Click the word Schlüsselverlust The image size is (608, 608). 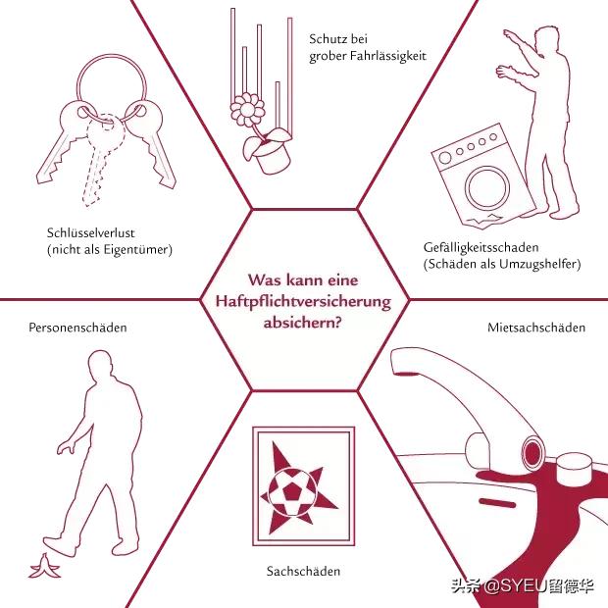coord(91,232)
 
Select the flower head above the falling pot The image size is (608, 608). coord(247,110)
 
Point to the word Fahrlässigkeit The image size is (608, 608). coord(387,56)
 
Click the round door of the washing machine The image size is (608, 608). coord(487,187)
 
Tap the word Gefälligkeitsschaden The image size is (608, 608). coord(481,247)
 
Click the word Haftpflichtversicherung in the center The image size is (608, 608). coord(303,302)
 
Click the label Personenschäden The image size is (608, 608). coord(77,328)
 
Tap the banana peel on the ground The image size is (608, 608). coord(44,566)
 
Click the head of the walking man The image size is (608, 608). coord(100,365)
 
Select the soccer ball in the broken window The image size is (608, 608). coord(290,491)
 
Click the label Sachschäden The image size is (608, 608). coord(303,571)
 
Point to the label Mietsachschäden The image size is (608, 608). coord(536,328)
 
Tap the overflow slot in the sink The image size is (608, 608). coord(497,502)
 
